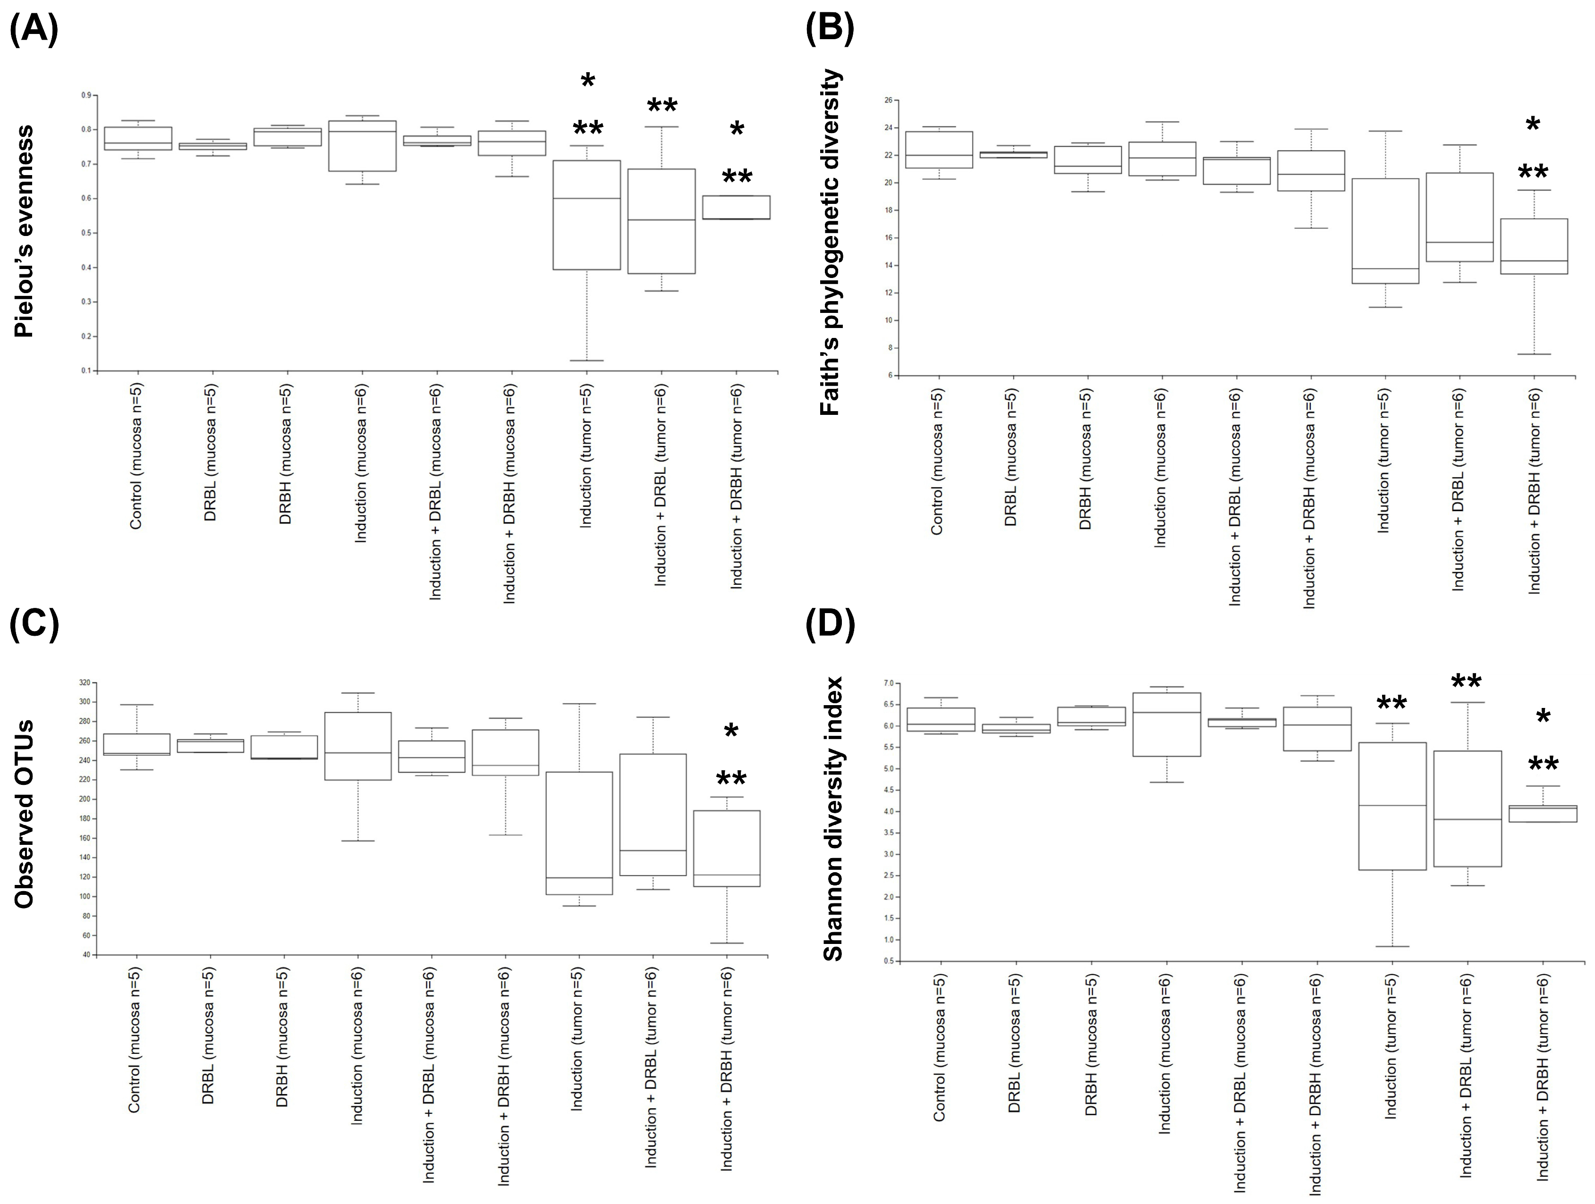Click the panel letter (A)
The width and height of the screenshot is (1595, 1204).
[x=34, y=30]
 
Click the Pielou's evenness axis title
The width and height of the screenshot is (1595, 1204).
[x=24, y=231]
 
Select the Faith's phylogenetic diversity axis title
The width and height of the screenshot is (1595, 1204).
[x=831, y=242]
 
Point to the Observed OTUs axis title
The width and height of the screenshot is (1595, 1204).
[x=24, y=813]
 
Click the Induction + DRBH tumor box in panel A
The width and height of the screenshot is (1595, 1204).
[x=736, y=207]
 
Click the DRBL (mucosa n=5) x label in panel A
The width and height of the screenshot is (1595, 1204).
[x=210, y=452]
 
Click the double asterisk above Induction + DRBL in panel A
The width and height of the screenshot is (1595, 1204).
[x=662, y=107]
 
